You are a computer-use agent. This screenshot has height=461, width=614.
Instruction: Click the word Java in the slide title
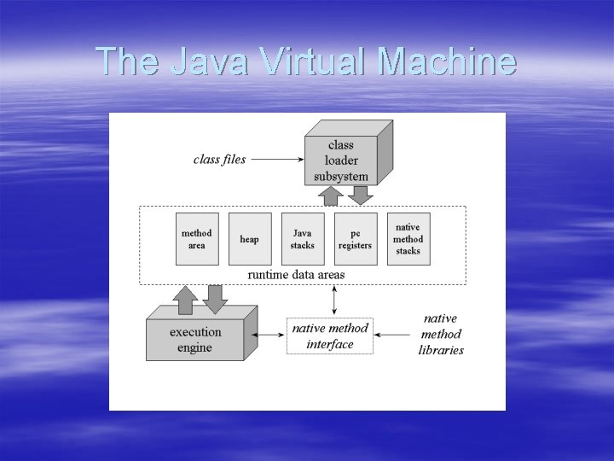(209, 61)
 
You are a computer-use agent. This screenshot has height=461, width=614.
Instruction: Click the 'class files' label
(219, 159)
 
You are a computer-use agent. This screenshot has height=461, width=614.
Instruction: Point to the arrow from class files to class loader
(278, 159)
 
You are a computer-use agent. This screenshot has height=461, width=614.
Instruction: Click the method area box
(197, 239)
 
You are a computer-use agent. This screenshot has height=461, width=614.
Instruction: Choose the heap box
(250, 239)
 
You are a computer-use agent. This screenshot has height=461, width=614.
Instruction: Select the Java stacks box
(303, 239)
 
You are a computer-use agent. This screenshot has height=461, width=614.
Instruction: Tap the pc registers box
(356, 239)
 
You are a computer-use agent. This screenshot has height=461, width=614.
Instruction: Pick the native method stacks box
(408, 239)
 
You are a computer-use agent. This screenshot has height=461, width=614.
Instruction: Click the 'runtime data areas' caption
(296, 275)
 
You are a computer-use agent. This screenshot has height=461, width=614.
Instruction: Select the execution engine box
(195, 340)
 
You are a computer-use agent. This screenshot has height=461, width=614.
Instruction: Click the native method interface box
(330, 336)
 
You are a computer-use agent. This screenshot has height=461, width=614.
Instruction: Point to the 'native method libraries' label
(441, 335)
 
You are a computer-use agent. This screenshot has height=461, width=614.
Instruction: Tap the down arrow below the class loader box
(361, 195)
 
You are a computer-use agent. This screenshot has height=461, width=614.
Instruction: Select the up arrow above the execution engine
(185, 300)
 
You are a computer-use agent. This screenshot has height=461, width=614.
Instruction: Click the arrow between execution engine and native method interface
(270, 336)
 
